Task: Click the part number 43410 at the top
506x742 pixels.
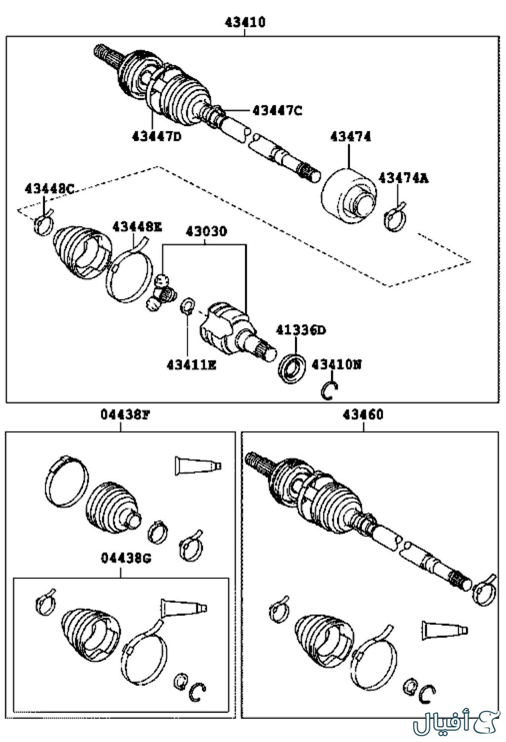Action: (245, 22)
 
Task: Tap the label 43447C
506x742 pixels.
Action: (277, 110)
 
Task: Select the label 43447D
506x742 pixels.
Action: (156, 135)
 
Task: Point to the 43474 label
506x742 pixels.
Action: (350, 137)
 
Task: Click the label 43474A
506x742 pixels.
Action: (403, 178)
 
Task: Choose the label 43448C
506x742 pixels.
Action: (49, 188)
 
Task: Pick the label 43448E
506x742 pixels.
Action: (137, 227)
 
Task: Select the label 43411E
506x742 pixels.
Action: (191, 365)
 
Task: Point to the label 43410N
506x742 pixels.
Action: (337, 365)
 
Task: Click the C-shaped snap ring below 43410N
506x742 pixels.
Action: (330, 391)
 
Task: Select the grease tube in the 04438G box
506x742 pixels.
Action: (182, 608)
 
